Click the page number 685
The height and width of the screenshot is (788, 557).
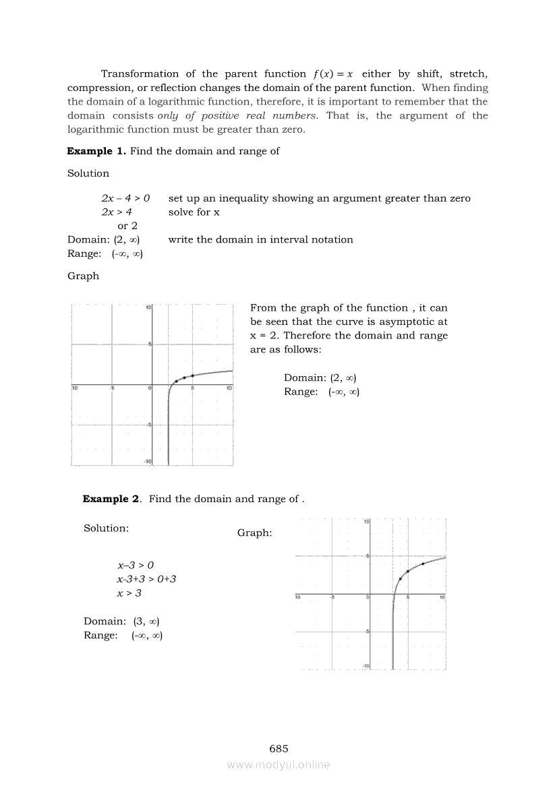pyautogui.click(x=278, y=748)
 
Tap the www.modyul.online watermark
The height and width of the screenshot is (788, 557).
pyautogui.click(x=278, y=764)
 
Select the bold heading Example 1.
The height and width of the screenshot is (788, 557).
pyautogui.click(x=96, y=151)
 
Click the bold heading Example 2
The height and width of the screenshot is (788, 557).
pyautogui.click(x=111, y=499)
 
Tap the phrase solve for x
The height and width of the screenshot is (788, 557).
pyautogui.click(x=194, y=212)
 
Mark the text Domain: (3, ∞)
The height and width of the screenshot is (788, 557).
pyautogui.click(x=121, y=621)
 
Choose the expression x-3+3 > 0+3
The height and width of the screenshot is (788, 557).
pyautogui.click(x=146, y=579)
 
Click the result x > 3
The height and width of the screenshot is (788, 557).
pyautogui.click(x=129, y=593)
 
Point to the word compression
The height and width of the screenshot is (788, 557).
pyautogui.click(x=99, y=88)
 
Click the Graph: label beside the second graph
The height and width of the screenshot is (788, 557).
pyautogui.click(x=255, y=533)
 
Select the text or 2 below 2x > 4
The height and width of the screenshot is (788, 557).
pyautogui.click(x=127, y=226)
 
